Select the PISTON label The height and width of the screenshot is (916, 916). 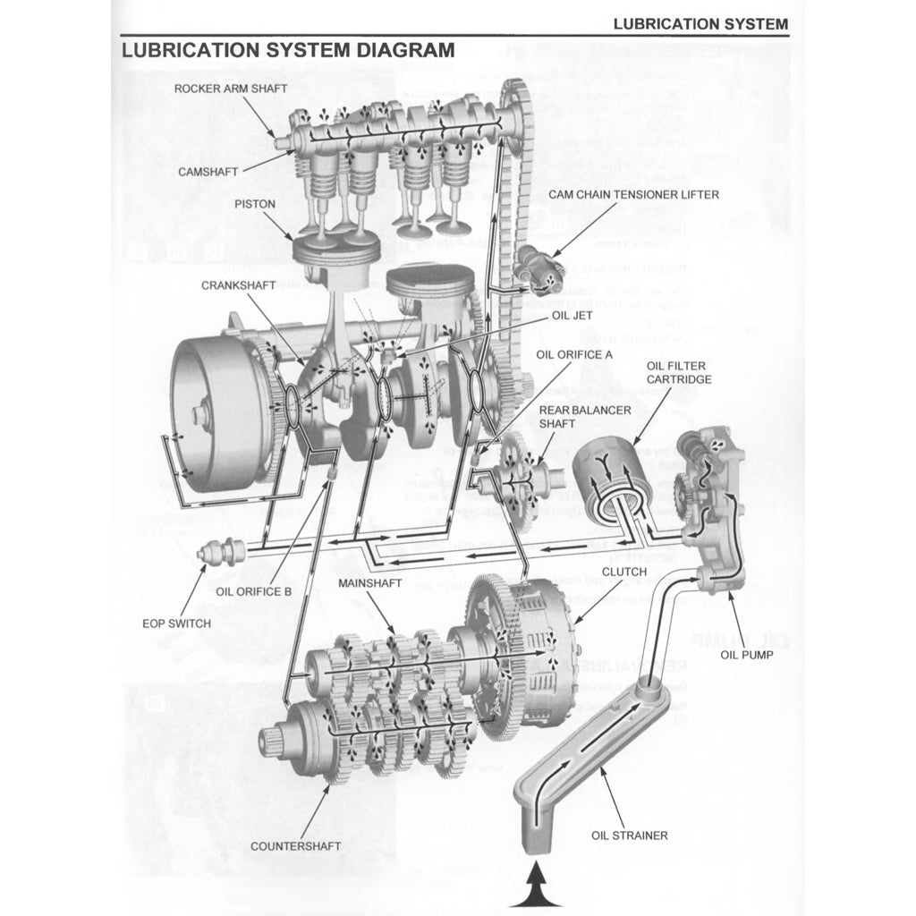point(255,204)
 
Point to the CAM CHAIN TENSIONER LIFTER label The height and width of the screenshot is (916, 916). point(633,194)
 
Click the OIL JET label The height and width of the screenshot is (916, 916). point(572,315)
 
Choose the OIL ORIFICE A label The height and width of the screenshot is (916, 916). point(574,354)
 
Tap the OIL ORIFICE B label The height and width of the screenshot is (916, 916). point(254,591)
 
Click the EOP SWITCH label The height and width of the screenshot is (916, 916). point(176,623)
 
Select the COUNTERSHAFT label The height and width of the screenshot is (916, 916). point(295,845)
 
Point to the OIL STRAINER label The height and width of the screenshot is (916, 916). point(629,835)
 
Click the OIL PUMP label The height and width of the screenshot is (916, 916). point(748,654)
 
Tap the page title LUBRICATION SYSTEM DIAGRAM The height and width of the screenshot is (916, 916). point(288,49)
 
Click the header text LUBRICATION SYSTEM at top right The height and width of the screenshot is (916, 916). point(700,24)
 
